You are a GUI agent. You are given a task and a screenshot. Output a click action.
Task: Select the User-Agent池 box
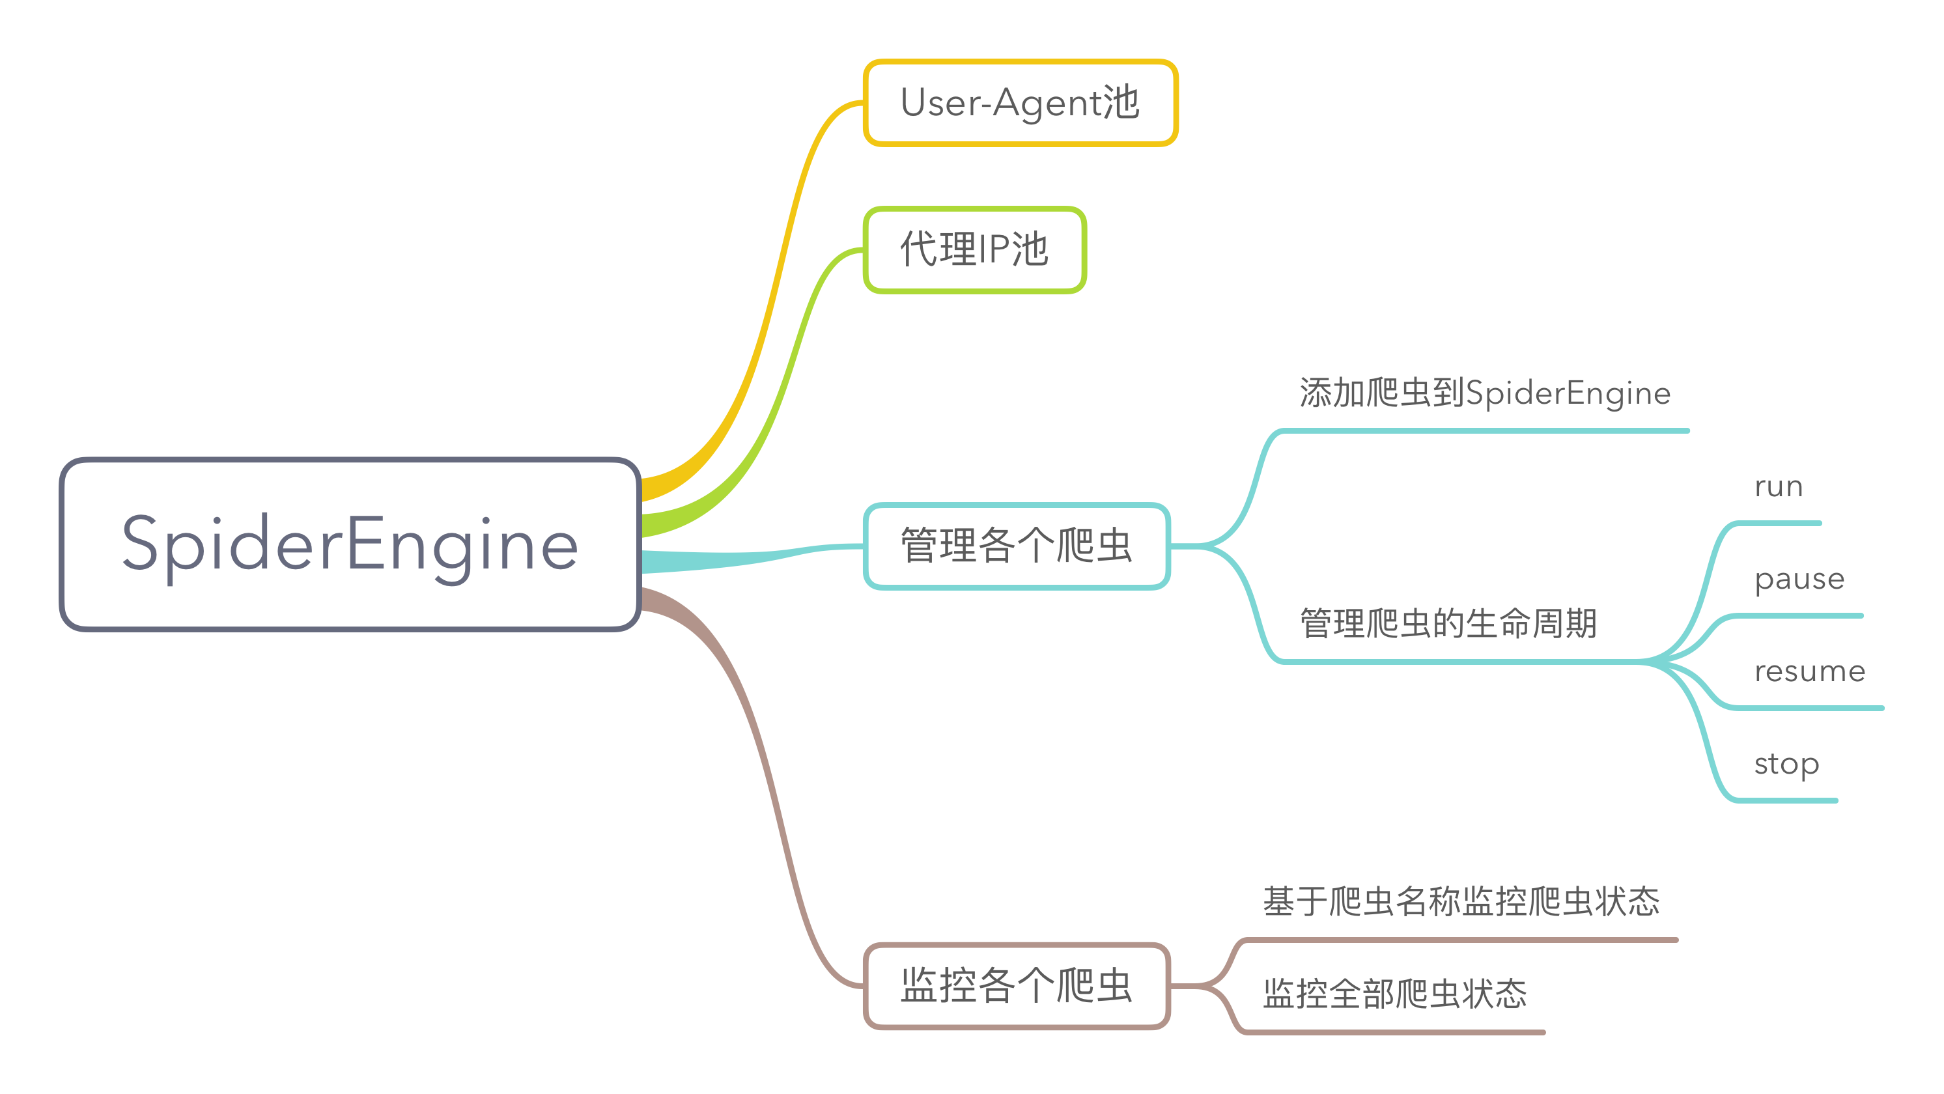[x=1020, y=103]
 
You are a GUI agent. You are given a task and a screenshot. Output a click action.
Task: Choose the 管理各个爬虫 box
[x=1016, y=546]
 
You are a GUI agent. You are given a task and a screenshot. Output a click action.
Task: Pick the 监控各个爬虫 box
[x=1016, y=985]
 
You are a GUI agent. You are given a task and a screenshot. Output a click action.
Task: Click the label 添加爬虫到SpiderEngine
[x=1484, y=393]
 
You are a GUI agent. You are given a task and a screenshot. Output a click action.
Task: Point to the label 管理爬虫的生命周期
[x=1448, y=624]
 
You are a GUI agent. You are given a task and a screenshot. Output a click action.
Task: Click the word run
[x=1778, y=486]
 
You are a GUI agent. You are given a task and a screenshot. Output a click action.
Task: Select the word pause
[x=1799, y=580]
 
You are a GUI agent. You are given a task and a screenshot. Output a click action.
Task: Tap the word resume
[x=1809, y=671]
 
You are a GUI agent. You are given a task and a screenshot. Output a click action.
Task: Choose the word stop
[x=1786, y=764]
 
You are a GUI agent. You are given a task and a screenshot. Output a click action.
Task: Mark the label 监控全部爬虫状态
[x=1394, y=994]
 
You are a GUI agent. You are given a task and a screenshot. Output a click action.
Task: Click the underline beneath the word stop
[x=1784, y=800]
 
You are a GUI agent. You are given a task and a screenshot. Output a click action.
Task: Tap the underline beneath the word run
[x=1777, y=523]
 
